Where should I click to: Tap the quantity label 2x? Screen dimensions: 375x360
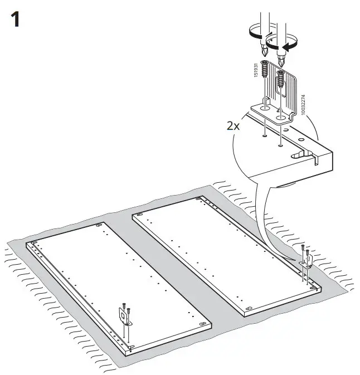point(233,126)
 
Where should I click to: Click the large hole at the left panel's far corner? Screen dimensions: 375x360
point(99,226)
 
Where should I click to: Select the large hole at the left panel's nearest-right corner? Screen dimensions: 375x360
point(202,323)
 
